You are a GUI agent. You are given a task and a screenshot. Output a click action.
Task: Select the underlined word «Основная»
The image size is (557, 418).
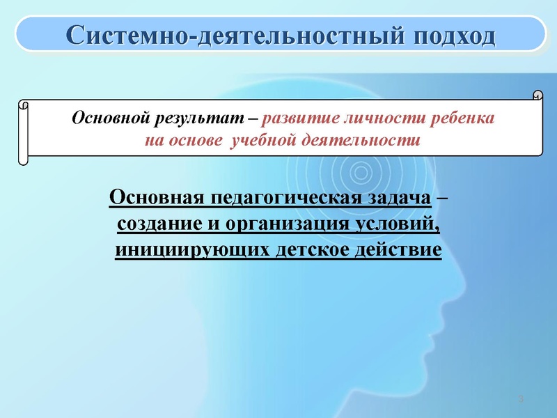pos(154,199)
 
